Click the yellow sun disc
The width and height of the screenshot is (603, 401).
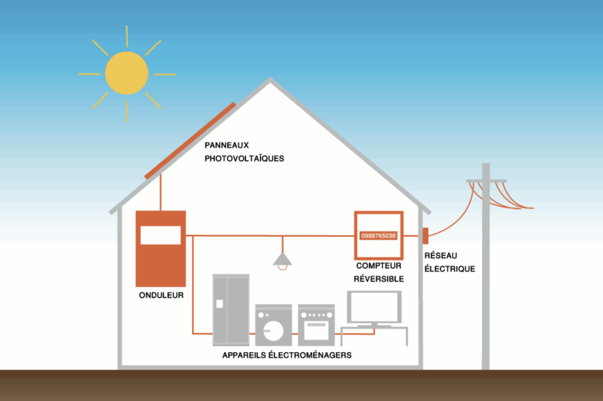tap(127, 73)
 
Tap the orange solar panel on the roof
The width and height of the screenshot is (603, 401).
tap(190, 140)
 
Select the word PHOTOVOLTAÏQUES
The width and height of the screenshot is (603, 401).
tap(244, 158)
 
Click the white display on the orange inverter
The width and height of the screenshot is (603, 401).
tap(160, 234)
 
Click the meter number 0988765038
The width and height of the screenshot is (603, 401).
tap(378, 236)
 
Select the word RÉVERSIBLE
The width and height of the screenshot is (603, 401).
tap(379, 279)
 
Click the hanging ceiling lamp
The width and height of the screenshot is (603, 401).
tap(283, 260)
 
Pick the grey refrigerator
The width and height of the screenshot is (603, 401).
tap(230, 310)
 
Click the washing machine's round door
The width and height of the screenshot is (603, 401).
tap(272, 331)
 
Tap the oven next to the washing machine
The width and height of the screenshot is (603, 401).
tap(316, 325)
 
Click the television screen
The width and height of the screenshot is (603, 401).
tap(374, 307)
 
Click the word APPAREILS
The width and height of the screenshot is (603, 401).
tap(242, 355)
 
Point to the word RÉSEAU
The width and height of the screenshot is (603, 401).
tap(441, 256)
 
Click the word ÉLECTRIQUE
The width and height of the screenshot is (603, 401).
tap(449, 269)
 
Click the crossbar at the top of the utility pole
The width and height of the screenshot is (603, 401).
tap(486, 180)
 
